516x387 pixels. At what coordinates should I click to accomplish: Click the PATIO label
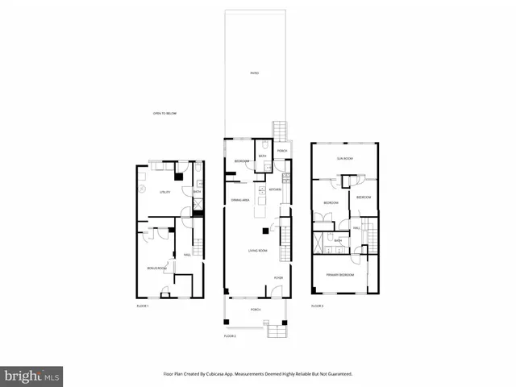click(x=254, y=73)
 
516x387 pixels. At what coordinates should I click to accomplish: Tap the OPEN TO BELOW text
click(x=164, y=114)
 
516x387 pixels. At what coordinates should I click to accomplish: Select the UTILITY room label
click(x=164, y=192)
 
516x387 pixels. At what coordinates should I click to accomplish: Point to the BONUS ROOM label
click(x=156, y=267)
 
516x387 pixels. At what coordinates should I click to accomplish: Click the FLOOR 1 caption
click(x=143, y=306)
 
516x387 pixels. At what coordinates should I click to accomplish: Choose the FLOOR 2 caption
click(x=230, y=335)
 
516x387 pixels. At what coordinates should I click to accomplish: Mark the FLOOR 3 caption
click(x=318, y=306)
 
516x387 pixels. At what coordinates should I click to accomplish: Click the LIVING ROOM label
click(x=257, y=252)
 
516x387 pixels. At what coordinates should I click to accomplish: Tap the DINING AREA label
click(x=240, y=199)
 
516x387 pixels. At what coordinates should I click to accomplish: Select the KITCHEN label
click(x=275, y=189)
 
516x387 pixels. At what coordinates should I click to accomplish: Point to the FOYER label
click(x=278, y=277)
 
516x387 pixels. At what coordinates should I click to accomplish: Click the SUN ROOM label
click(x=345, y=159)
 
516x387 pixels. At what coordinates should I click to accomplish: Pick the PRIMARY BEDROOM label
click(x=339, y=275)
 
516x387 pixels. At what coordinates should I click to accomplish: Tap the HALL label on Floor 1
click(x=187, y=256)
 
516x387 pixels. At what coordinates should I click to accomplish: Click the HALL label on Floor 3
click(x=356, y=227)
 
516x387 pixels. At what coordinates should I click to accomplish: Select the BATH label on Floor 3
click(x=338, y=239)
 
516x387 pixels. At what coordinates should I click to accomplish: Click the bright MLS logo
click(x=32, y=376)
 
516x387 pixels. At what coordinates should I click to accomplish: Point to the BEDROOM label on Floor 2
click(x=242, y=162)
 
